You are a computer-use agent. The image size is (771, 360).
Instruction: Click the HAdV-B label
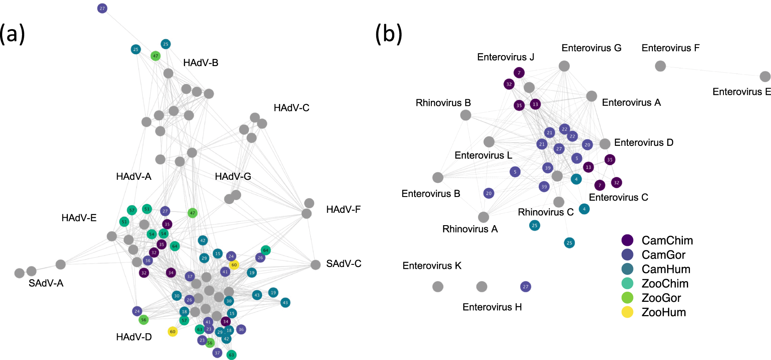(x=200, y=63)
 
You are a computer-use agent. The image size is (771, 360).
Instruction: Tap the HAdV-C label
(x=291, y=108)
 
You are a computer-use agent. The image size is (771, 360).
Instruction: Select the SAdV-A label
(x=46, y=283)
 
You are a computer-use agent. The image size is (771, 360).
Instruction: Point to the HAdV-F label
(x=343, y=210)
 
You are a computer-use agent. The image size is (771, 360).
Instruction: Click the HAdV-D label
(x=134, y=337)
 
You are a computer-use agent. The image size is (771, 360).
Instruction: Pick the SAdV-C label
(x=344, y=264)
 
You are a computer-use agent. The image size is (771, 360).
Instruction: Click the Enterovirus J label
(x=505, y=57)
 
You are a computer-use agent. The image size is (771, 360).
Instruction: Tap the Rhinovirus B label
(x=443, y=103)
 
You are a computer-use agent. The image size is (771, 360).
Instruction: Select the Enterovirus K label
(x=432, y=266)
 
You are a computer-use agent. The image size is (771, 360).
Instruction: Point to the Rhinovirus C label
(x=545, y=212)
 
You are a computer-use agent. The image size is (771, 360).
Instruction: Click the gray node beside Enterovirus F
(x=660, y=66)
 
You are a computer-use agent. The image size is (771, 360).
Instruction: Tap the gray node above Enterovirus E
(x=765, y=77)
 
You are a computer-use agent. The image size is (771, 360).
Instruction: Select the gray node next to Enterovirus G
(x=564, y=66)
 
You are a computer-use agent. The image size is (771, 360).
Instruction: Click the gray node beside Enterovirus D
(x=605, y=144)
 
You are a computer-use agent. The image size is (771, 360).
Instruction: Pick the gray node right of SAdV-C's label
(x=315, y=265)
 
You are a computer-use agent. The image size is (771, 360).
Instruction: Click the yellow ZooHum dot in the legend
(x=627, y=312)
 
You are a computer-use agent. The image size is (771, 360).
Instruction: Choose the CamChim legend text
(x=667, y=241)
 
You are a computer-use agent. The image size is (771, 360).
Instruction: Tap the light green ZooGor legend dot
(x=627, y=298)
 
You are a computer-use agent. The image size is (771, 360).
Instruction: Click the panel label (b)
(x=388, y=34)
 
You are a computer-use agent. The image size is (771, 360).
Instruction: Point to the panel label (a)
(x=12, y=34)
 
